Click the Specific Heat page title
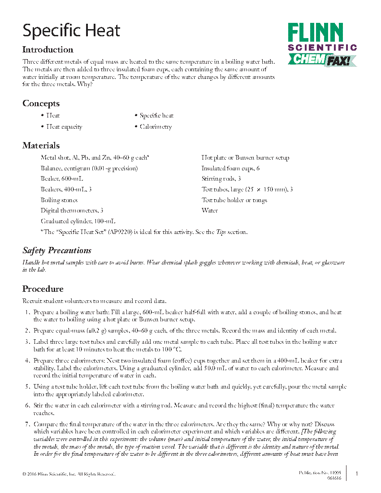point(71,31)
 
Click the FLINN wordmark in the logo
point(316,33)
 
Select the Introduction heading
point(48,50)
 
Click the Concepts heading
point(41,104)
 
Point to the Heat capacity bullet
point(64,127)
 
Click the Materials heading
point(41,146)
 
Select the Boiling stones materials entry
point(59,200)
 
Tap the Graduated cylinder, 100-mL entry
point(78,221)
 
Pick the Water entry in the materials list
point(210,211)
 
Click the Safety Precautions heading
point(57,251)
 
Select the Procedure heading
point(43,289)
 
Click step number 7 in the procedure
point(27,424)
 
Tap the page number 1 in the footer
point(357,474)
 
